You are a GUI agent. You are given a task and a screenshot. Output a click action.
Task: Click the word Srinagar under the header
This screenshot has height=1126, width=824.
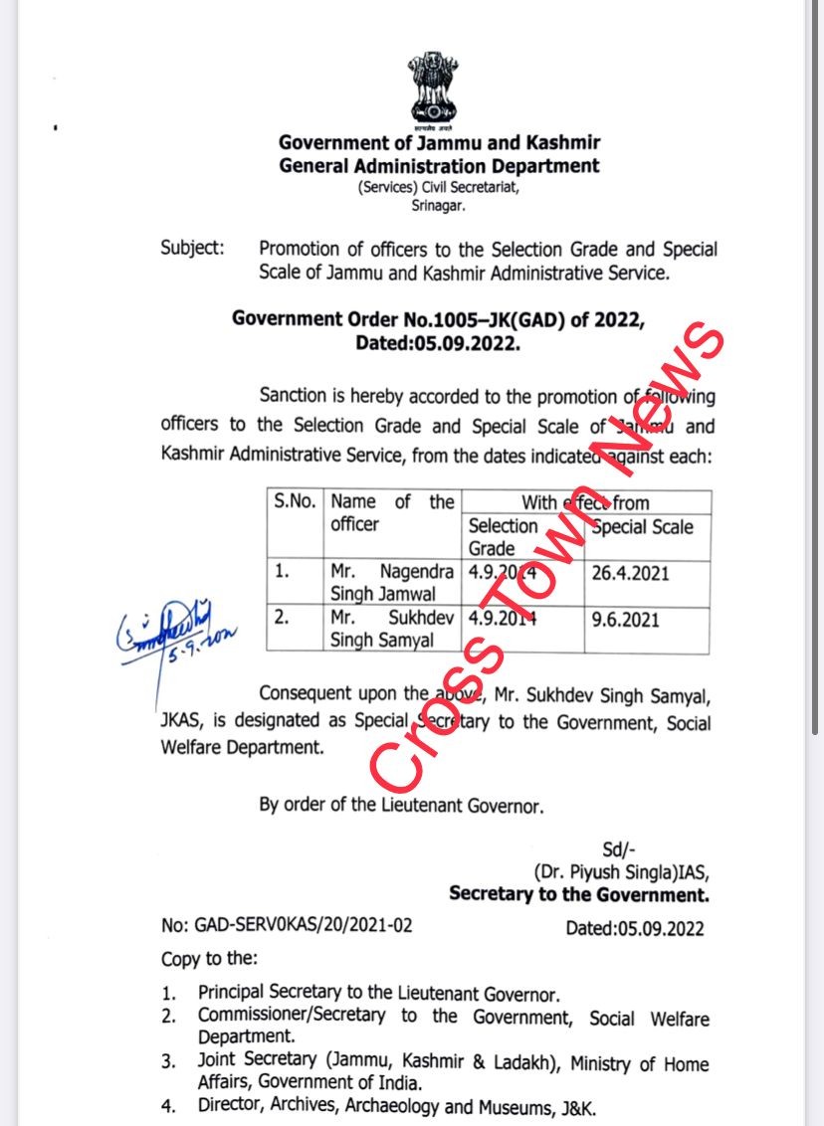[x=439, y=206]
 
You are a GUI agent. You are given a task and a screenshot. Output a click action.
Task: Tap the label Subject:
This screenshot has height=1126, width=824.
[x=193, y=248]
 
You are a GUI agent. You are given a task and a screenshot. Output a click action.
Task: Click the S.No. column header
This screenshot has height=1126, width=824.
[x=296, y=501]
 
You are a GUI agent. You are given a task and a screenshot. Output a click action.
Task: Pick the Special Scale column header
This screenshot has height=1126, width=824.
[x=642, y=527]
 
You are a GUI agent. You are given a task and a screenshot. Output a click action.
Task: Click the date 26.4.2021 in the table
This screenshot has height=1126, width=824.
[x=630, y=574]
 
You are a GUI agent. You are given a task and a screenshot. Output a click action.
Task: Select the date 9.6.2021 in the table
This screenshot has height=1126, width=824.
[x=624, y=619]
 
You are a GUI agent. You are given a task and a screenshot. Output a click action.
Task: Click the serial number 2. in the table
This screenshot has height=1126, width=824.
[x=283, y=618]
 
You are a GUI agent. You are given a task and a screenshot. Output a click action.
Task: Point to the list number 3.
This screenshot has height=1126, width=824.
[x=169, y=1063]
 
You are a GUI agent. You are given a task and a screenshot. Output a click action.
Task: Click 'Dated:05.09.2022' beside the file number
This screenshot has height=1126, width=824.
[x=634, y=928]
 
